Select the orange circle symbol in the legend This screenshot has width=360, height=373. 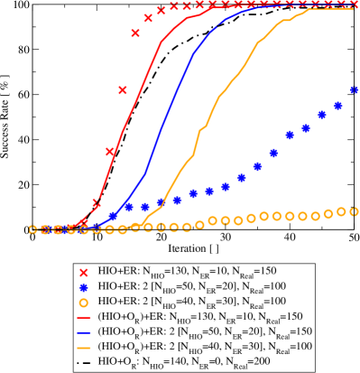click(83, 302)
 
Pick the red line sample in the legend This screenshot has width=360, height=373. click(83, 316)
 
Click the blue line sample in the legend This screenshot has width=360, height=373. click(83, 331)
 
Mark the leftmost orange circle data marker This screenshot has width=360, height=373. click(33, 230)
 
